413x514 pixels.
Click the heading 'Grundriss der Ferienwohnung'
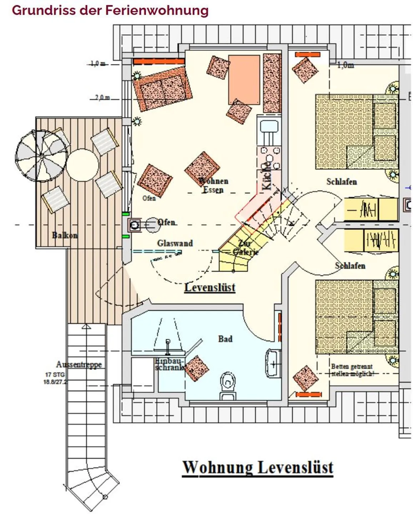(x=110, y=10)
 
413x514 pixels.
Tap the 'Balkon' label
(x=65, y=235)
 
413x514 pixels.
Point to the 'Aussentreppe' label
(x=79, y=364)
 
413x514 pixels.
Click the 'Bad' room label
(x=225, y=339)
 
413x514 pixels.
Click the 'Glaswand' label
(x=175, y=243)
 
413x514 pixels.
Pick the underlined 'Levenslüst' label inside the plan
(x=210, y=288)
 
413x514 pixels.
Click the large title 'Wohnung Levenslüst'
(x=258, y=468)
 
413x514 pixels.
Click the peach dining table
(x=244, y=80)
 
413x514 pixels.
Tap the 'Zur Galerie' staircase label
(x=245, y=247)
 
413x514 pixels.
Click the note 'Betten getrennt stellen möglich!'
(x=352, y=370)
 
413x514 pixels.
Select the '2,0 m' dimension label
(x=102, y=97)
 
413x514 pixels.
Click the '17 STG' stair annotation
(x=55, y=375)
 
